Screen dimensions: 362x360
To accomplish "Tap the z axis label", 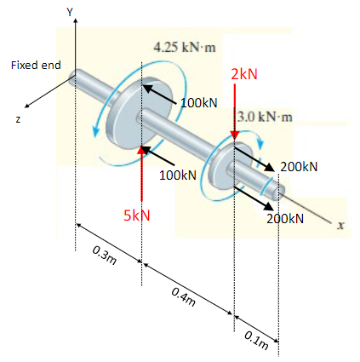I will (x=16, y=118).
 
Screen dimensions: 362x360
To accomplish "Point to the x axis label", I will (x=340, y=226).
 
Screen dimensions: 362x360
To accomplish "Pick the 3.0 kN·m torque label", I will (x=266, y=115).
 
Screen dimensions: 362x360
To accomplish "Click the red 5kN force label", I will (x=136, y=216).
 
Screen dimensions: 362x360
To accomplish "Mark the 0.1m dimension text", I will (x=255, y=338).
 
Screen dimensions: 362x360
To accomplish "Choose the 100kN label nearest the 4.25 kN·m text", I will (x=199, y=102).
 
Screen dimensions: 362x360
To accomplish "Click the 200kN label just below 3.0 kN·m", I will (x=299, y=165).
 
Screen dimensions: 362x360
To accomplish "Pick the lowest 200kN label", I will (x=284, y=219).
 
